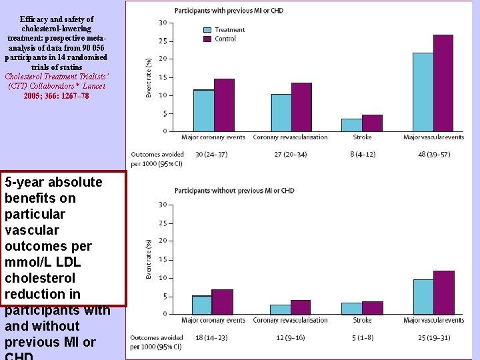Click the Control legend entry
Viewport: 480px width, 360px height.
[x=224, y=39]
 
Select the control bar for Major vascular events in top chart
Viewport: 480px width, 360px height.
[x=443, y=83]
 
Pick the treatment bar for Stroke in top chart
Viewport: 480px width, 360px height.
[x=351, y=125]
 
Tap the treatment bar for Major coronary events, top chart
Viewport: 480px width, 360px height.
[x=203, y=110]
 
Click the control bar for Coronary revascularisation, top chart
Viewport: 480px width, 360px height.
[x=301, y=107]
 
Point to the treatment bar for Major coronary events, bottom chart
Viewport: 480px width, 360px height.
[x=202, y=305]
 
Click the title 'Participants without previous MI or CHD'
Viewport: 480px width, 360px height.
[x=234, y=191]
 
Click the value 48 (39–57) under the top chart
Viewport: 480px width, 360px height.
[x=433, y=154]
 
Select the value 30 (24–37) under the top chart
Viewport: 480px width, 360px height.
[x=211, y=154]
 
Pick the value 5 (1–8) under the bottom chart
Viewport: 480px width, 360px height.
[x=362, y=337]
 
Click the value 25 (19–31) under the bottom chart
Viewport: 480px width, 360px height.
[x=433, y=337]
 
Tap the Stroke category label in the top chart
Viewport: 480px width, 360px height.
[x=362, y=137]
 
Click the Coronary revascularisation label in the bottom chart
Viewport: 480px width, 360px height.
[x=290, y=320]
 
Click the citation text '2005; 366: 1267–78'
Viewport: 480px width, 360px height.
[x=56, y=96]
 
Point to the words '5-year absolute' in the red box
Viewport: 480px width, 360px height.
[x=53, y=182]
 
